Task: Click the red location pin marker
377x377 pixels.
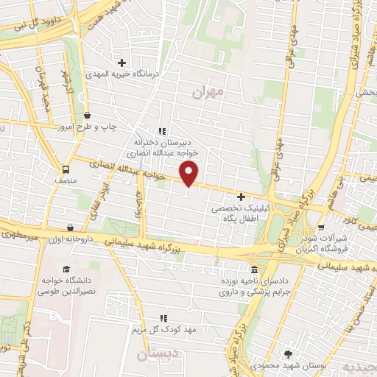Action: (x=189, y=175)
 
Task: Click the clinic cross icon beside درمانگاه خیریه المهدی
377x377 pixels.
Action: (x=122, y=63)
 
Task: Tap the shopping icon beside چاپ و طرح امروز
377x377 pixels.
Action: (x=88, y=115)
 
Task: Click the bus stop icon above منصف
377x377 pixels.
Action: (x=66, y=168)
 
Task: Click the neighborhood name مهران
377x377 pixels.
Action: (x=206, y=93)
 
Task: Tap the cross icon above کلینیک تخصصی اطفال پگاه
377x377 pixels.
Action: (x=242, y=197)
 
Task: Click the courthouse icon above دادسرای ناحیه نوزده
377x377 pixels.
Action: (x=254, y=269)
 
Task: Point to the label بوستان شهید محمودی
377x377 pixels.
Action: (x=288, y=365)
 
